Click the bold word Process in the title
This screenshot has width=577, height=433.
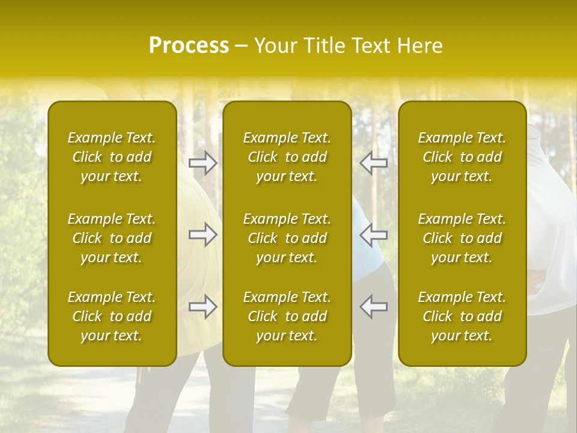coord(189,46)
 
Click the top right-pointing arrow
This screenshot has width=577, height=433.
coord(203,162)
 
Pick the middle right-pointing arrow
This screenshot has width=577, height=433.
coord(203,235)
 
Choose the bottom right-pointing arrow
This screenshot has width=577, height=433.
coord(203,307)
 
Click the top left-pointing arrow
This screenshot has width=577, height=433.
coord(373,162)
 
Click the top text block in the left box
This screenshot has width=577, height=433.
coord(112,157)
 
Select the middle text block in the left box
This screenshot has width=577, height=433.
coord(112,238)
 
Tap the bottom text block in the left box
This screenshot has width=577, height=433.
coord(112,316)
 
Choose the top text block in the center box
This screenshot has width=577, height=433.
coord(287,157)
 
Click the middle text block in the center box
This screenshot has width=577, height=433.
coord(287,238)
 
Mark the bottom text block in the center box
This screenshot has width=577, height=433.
coord(287,316)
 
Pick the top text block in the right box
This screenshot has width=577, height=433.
coord(462,157)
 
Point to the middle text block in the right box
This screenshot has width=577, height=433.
coord(462,238)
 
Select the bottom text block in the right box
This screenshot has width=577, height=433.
coord(462,316)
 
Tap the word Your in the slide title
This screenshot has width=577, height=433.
coord(275,46)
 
